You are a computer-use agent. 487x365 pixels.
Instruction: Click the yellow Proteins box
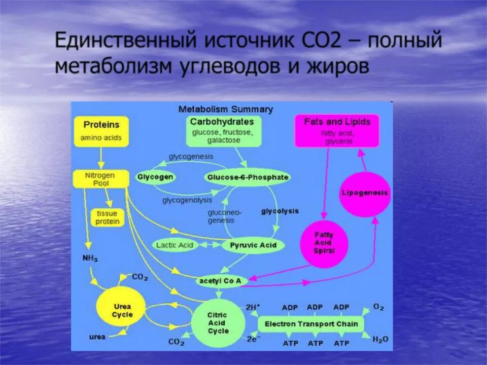pyautogui.click(x=101, y=131)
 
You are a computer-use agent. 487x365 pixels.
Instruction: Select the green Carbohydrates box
pyautogui.click(x=222, y=130)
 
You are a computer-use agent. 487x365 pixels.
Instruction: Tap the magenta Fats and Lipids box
pyautogui.click(x=337, y=131)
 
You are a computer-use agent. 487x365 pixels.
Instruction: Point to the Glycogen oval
pyautogui.click(x=155, y=177)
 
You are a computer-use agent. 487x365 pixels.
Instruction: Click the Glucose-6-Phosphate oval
pyautogui.click(x=248, y=177)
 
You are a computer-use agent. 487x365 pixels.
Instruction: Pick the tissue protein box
pyautogui.click(x=108, y=217)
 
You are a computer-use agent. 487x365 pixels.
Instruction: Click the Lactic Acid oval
pyautogui.click(x=175, y=245)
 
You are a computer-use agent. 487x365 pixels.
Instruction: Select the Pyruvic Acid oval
pyautogui.click(x=253, y=245)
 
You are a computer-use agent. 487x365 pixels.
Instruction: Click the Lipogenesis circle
pyautogui.click(x=365, y=193)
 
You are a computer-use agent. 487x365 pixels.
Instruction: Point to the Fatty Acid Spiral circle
pyautogui.click(x=324, y=243)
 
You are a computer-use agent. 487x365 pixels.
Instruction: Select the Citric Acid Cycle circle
pyautogui.click(x=218, y=323)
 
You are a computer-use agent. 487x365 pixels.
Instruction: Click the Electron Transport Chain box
pyautogui.click(x=311, y=324)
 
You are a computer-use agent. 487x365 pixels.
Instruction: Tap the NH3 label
pyautogui.click(x=90, y=259)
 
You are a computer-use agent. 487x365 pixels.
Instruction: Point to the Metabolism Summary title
pyautogui.click(x=226, y=109)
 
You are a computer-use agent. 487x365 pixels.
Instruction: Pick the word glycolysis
pyautogui.click(x=280, y=211)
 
